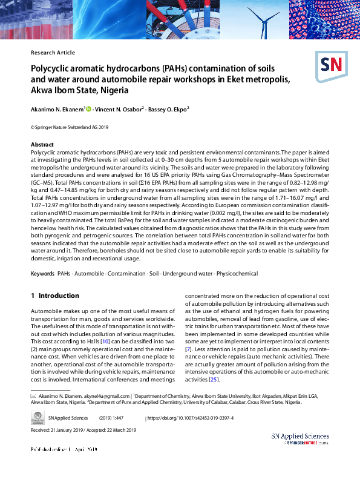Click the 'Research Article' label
tap(53, 53)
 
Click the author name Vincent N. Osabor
tap(120, 110)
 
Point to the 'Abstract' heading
tap(42, 145)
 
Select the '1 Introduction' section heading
tap(55, 296)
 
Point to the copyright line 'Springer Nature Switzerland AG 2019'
tap(69, 128)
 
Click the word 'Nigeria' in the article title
tap(110, 90)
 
